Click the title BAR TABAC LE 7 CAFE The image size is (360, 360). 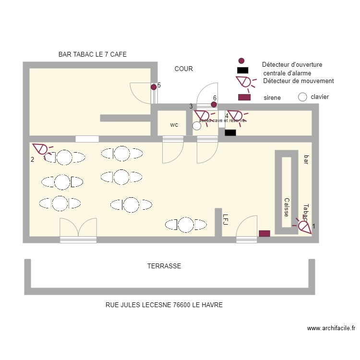[92, 55]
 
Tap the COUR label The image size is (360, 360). [183, 69]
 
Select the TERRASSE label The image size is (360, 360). [164, 266]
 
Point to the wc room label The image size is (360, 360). [174, 125]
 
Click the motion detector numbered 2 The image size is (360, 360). [40, 150]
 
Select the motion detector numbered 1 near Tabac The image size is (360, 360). [304, 226]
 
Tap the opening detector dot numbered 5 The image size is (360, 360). [154, 87]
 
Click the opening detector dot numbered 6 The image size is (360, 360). [214, 104]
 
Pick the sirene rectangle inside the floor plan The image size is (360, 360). [264, 234]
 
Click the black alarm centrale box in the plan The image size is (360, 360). [230, 133]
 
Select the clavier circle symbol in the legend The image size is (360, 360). [302, 97]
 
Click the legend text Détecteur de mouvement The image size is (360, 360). [298, 81]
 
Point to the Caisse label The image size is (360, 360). [286, 207]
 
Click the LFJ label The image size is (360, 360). [225, 219]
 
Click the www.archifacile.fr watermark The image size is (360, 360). [331, 328]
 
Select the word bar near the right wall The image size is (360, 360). [306, 159]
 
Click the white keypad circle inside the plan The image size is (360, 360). [197, 126]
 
